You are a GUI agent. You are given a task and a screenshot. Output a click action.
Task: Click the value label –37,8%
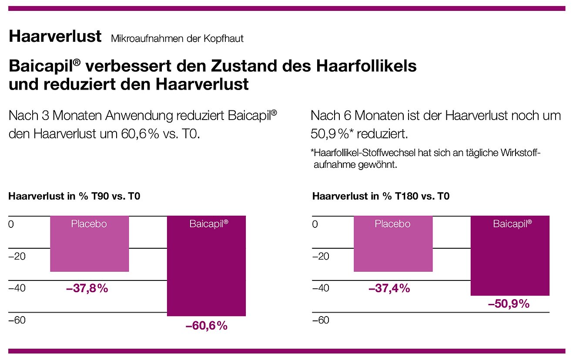[x=87, y=288]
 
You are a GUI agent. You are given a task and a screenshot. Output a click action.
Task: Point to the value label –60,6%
[x=207, y=326]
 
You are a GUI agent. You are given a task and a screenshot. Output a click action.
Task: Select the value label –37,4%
[x=389, y=288]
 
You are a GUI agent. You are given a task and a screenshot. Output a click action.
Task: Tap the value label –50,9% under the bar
[x=509, y=304]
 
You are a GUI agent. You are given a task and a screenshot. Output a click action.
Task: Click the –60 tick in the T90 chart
[x=17, y=320]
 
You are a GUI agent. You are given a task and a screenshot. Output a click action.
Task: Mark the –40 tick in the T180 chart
[x=321, y=288]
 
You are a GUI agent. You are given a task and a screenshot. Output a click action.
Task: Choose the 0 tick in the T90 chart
[x=11, y=224]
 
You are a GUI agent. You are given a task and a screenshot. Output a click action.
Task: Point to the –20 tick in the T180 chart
[x=321, y=256]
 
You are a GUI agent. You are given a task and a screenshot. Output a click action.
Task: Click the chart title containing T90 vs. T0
[x=74, y=197]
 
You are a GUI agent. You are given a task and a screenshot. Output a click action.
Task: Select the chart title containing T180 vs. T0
[x=381, y=197]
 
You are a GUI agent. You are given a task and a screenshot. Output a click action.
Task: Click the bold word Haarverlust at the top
[x=55, y=37]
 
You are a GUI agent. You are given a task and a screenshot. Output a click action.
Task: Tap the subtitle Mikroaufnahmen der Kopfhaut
[x=177, y=39]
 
